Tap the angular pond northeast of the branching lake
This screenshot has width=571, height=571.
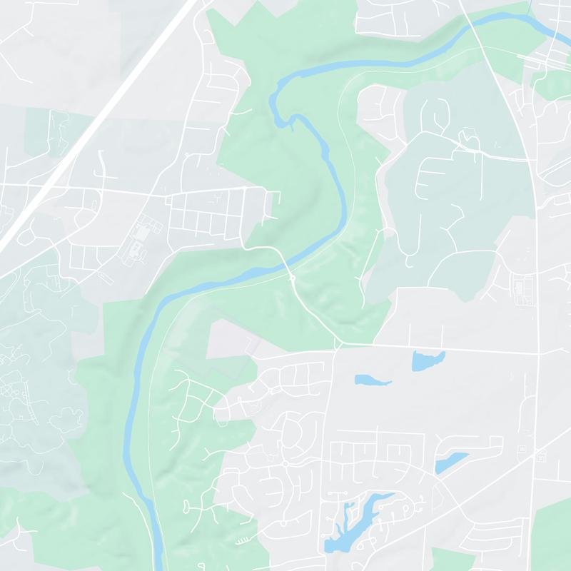pyautogui.click(x=451, y=463)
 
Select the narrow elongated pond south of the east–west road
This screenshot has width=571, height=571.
pyautogui.click(x=373, y=380)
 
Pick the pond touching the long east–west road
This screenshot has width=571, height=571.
pyautogui.click(x=428, y=360)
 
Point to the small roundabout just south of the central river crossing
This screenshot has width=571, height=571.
pyautogui.click(x=293, y=278)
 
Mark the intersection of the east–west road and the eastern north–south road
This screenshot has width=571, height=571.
pyautogui.click(x=537, y=353)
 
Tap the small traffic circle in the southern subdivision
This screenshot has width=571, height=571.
pyautogui.click(x=285, y=463)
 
